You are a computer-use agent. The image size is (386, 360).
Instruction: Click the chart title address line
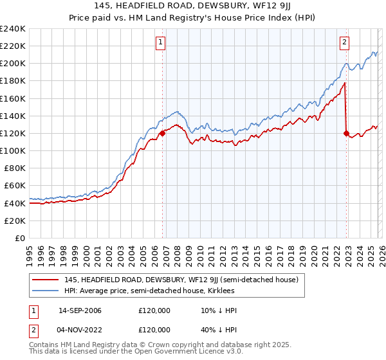click(192, 6)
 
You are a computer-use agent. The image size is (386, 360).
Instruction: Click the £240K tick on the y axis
click(13, 29)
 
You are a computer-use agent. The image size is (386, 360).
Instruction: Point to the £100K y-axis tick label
click(13, 150)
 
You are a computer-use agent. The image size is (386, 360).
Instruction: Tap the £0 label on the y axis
click(21, 238)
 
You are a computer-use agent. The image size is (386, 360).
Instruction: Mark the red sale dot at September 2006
click(162, 133)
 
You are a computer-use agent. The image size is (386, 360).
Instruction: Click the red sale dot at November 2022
click(346, 134)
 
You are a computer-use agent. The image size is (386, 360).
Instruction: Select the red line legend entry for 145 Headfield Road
click(181, 280)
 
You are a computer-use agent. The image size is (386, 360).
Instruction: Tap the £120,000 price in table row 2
click(154, 329)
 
